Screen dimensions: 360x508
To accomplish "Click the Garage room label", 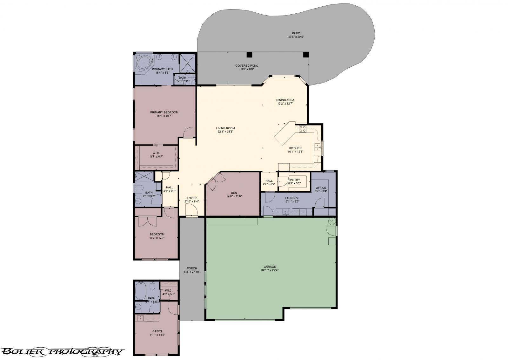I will [270, 267].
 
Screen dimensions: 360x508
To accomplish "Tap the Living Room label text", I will [225, 128].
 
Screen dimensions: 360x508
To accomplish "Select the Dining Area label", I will [285, 100].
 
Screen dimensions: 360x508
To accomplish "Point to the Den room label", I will [234, 193].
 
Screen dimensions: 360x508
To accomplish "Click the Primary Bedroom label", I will [164, 112].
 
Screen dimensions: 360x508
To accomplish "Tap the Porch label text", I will [192, 268].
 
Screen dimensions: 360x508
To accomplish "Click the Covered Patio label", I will [247, 66].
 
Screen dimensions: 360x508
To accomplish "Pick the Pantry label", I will [294, 180].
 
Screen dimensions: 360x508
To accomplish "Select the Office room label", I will [321, 188].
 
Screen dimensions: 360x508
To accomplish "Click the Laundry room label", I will [292, 198].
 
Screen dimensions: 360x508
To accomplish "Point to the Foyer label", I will [191, 198].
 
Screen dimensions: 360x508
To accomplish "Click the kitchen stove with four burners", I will [302, 129].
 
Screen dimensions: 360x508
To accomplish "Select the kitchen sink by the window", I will [317, 147].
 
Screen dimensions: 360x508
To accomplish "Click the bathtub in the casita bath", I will [140, 289].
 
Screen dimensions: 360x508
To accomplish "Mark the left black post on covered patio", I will [249, 54].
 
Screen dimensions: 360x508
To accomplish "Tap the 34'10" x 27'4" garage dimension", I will [270, 270].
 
